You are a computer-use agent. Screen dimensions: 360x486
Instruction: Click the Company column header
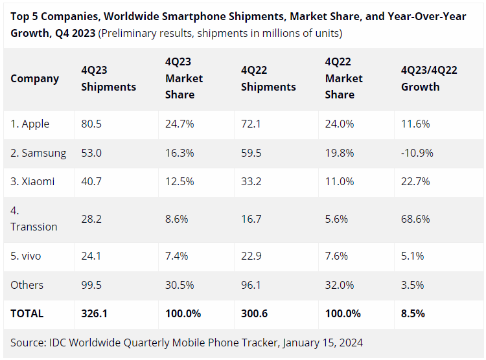tap(34, 78)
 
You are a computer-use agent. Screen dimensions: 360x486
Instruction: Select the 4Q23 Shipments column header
tap(108, 78)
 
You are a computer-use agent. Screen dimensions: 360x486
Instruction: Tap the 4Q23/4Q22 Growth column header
tap(429, 78)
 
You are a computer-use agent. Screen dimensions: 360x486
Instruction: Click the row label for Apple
tap(30, 124)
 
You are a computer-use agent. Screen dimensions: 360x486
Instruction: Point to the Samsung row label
tap(38, 153)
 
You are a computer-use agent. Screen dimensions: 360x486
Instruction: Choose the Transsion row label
tap(34, 227)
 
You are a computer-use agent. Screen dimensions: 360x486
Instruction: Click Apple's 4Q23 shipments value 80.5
tap(93, 124)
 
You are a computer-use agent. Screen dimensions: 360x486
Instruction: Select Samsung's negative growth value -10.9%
tap(417, 153)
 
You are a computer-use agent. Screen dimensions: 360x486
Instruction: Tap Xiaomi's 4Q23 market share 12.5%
tap(177, 182)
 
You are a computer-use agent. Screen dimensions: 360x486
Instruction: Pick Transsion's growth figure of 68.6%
tap(415, 219)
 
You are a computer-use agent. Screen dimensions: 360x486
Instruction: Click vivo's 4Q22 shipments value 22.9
tap(251, 256)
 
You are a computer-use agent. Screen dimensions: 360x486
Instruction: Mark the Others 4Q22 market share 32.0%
tap(340, 285)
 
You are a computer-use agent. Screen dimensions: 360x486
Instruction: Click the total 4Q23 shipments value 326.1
tap(95, 313)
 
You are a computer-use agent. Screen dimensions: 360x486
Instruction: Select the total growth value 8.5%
tap(413, 313)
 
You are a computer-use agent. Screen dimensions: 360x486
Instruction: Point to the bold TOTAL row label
tap(27, 313)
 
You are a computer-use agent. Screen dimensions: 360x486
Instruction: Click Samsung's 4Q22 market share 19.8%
tap(339, 153)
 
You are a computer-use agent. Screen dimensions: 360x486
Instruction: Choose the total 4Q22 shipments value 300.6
tap(255, 313)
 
